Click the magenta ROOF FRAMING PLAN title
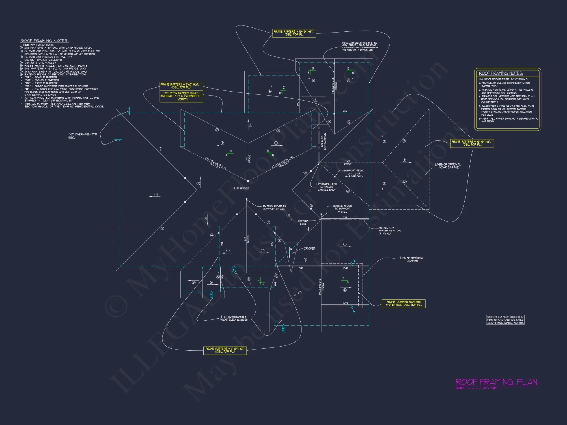pos(496,382)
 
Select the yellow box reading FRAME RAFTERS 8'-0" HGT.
pos(225,350)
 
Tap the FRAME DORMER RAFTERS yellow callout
pos(403,303)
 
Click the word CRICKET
pos(309,248)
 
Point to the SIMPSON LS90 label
pos(303,222)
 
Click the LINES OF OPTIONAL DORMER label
pos(411,259)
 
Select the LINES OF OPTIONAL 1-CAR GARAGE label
pos(448,166)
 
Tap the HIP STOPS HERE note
pos(327,187)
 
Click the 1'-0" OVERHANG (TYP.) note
pos(83,136)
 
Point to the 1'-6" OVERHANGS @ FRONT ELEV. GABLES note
pos(234,318)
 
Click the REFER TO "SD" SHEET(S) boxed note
pos(505,320)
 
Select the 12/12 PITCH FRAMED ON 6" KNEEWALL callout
pos(181,96)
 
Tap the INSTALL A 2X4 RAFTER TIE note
pos(390,230)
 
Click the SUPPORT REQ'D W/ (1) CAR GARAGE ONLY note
pos(354,173)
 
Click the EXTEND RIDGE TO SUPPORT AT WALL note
pos(274,208)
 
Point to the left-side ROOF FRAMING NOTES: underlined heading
pos(44,41)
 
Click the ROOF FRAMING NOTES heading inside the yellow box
pos(501,73)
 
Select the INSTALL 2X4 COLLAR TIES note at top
pos(360,46)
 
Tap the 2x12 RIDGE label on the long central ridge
pos(242,188)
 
